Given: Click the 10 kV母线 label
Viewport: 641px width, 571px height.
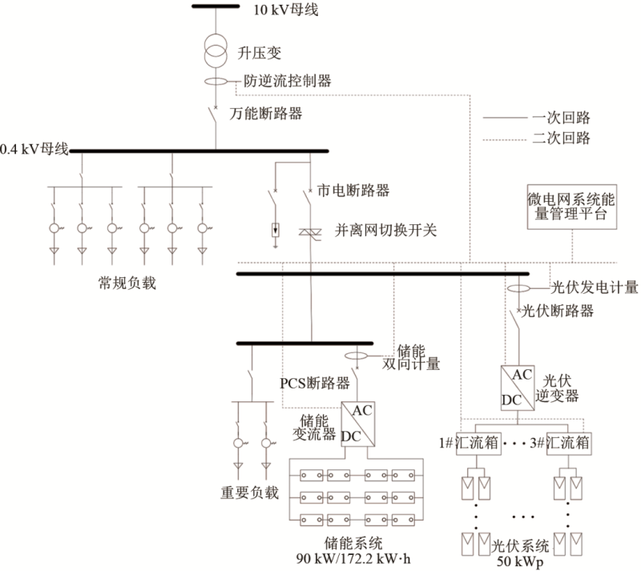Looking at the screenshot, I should pos(282,10).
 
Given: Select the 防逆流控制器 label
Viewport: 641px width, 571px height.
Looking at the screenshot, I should pos(288,81).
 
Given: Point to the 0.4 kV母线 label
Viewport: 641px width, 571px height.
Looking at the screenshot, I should pos(34,149).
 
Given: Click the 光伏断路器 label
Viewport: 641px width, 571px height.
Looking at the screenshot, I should pos(558,312).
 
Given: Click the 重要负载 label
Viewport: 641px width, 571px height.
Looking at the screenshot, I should pos(249,492).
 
